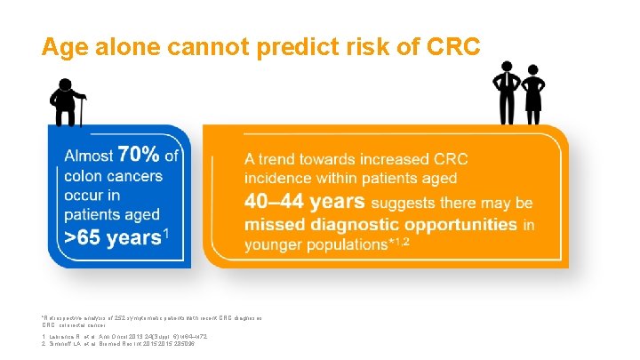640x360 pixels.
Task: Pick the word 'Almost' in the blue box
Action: point(87,157)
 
